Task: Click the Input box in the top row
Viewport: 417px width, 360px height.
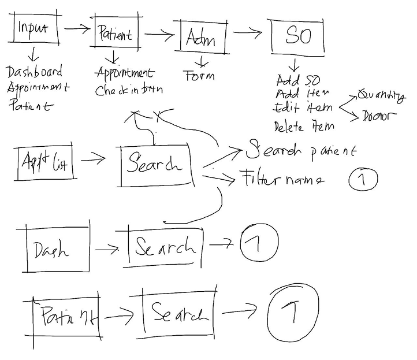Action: pos(33,28)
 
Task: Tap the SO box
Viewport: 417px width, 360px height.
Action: pos(297,36)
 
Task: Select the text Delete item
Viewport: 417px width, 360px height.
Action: pos(303,125)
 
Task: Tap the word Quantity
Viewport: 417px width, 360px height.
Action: pos(381,95)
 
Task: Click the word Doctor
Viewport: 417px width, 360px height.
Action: pos(379,116)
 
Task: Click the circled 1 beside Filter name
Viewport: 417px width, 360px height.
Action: pos(362,180)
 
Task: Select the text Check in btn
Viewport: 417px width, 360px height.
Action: pos(128,90)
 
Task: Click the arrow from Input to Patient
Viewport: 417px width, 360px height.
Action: pos(77,28)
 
